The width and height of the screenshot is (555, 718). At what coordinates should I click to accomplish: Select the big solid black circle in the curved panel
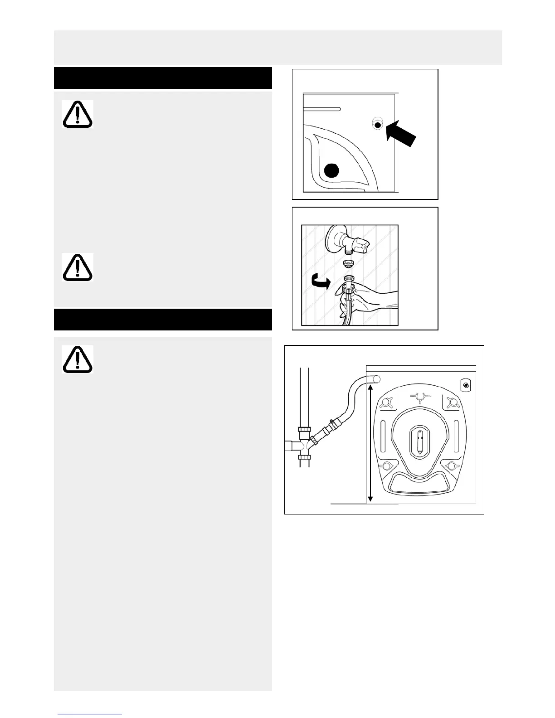coord(332,171)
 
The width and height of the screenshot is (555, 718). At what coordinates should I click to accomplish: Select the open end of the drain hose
coord(376,379)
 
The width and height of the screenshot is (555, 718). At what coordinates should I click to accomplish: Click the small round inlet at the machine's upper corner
coord(466,386)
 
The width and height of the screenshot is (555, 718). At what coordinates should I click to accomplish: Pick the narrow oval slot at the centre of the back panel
coord(420,441)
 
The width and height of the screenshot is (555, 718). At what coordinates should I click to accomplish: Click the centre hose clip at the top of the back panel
coord(420,397)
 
